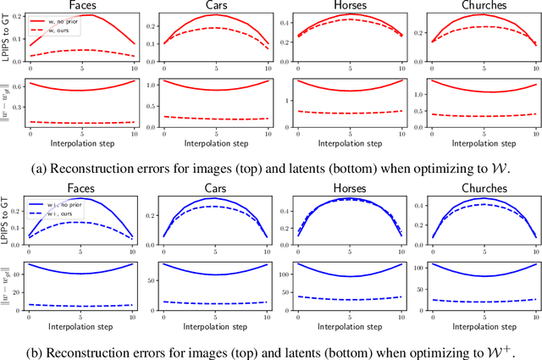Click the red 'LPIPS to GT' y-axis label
8,42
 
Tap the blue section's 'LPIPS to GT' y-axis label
8,224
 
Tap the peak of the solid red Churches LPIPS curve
482,16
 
